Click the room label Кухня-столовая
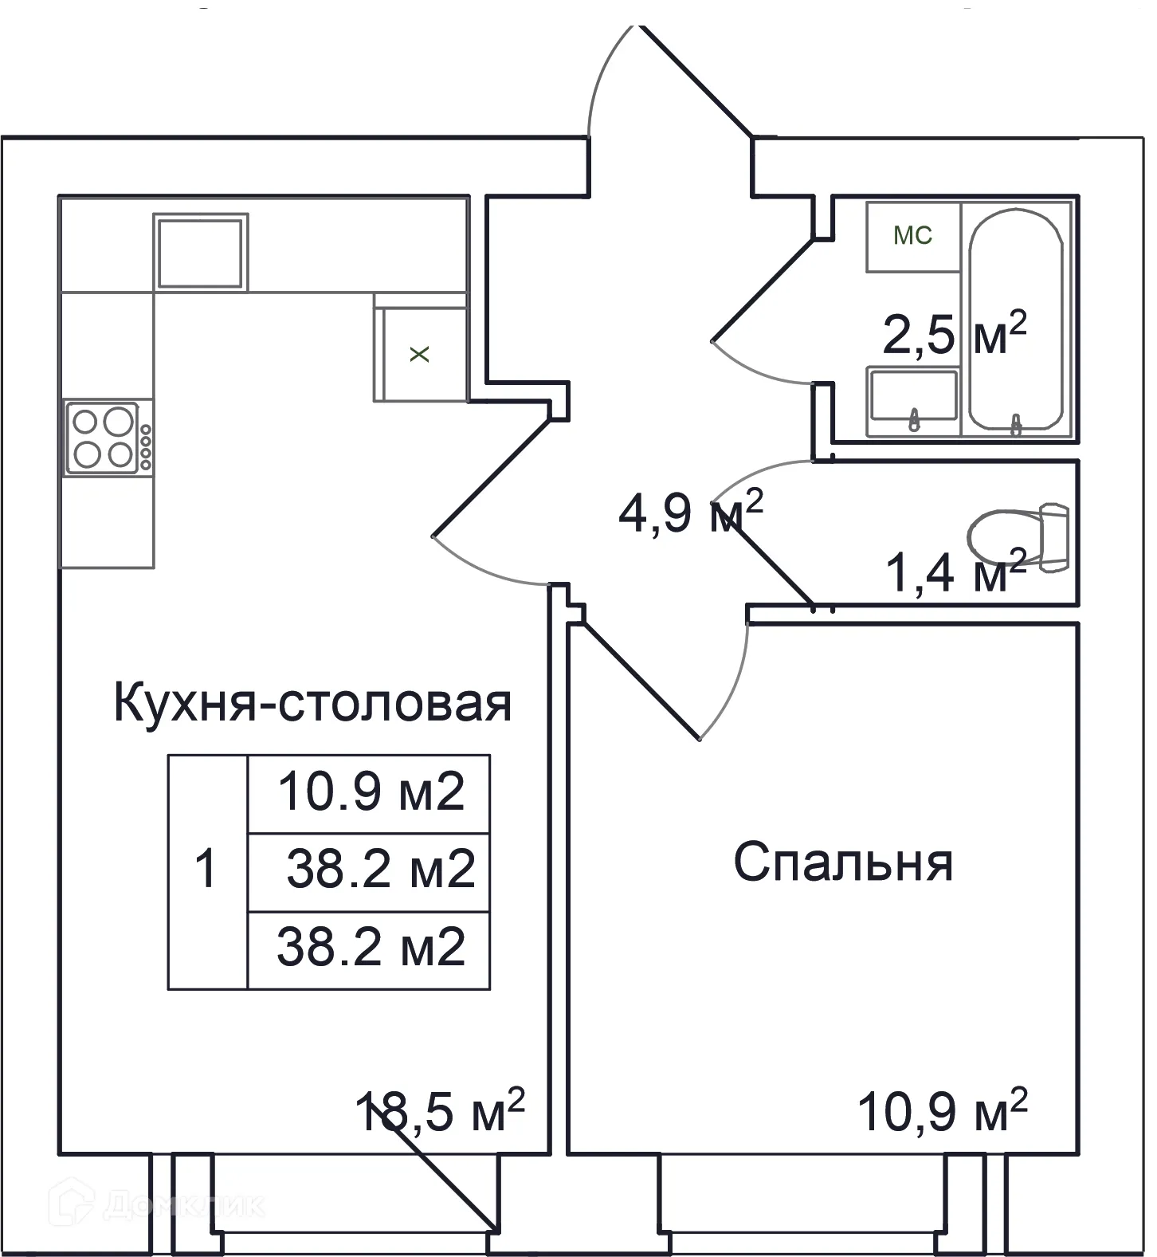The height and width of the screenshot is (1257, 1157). pyautogui.click(x=312, y=702)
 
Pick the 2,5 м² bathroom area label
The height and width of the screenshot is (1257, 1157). pyautogui.click(x=955, y=333)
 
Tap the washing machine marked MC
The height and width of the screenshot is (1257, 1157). pyautogui.click(x=913, y=236)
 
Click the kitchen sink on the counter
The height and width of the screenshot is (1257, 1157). pyautogui.click(x=200, y=252)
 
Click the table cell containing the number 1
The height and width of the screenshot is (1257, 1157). pyautogui.click(x=207, y=872)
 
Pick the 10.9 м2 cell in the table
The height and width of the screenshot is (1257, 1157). pyautogui.click(x=369, y=794)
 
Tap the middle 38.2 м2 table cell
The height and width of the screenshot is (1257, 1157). pyautogui.click(x=369, y=872)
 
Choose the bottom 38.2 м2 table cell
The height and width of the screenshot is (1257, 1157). pyautogui.click(x=369, y=950)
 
